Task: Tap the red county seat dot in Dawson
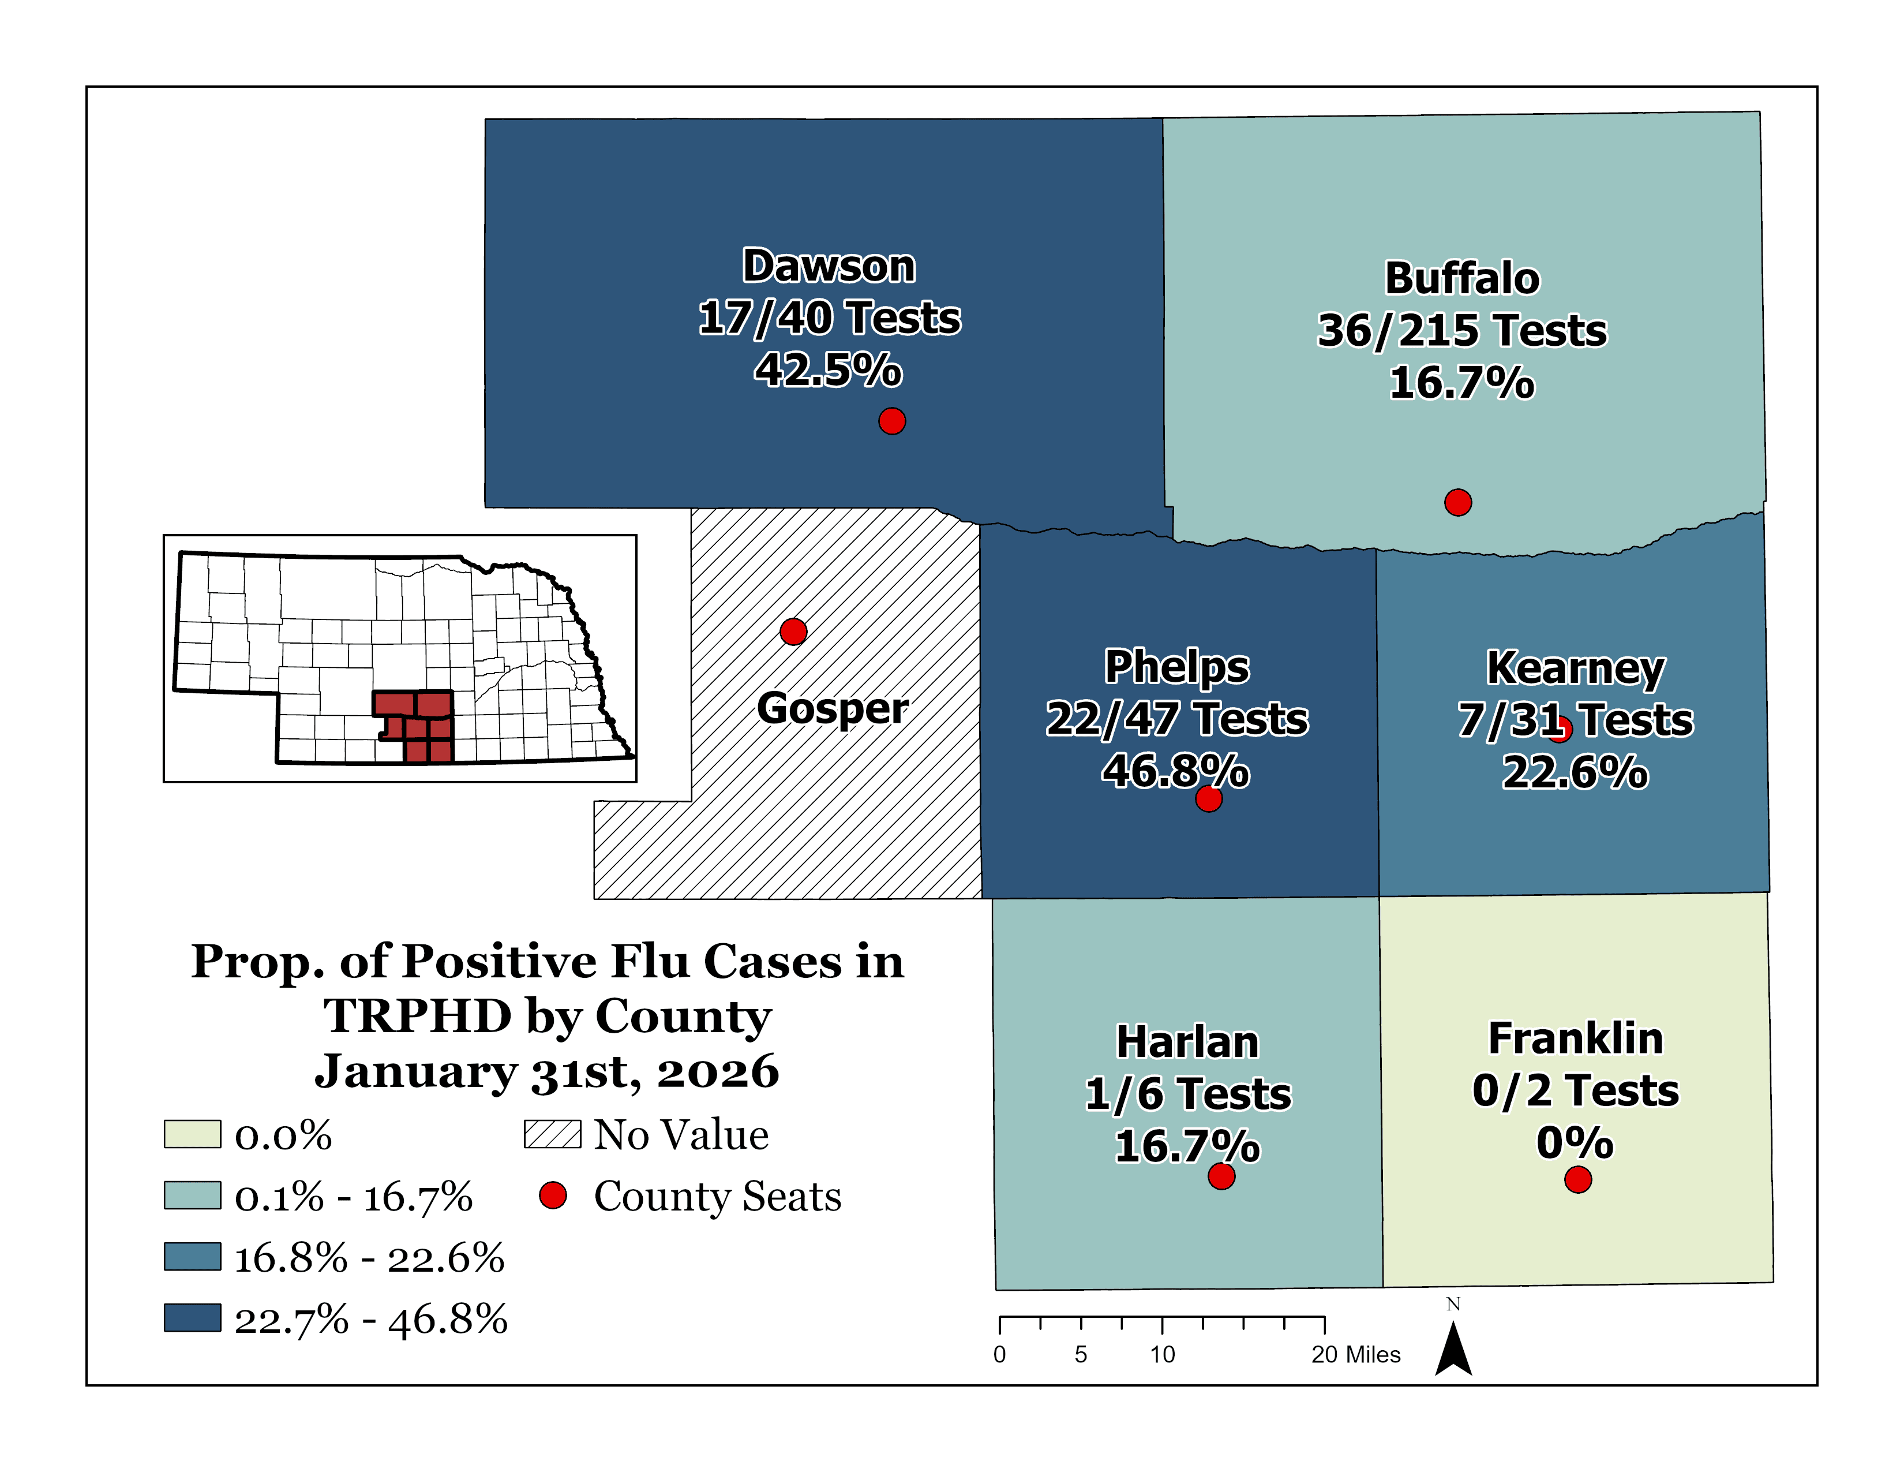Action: (x=891, y=421)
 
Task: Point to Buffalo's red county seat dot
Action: (x=1457, y=502)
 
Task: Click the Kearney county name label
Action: (x=1575, y=669)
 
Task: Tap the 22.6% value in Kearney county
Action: (x=1575, y=772)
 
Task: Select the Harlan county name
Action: (x=1187, y=1042)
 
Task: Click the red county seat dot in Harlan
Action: (x=1221, y=1176)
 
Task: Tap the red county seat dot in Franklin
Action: (x=1578, y=1180)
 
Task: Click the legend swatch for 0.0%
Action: (x=192, y=1134)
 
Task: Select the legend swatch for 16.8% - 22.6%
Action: (x=192, y=1257)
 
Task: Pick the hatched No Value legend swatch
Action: (x=552, y=1134)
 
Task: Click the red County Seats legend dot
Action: (x=553, y=1195)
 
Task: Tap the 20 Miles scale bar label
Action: (x=1356, y=1354)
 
